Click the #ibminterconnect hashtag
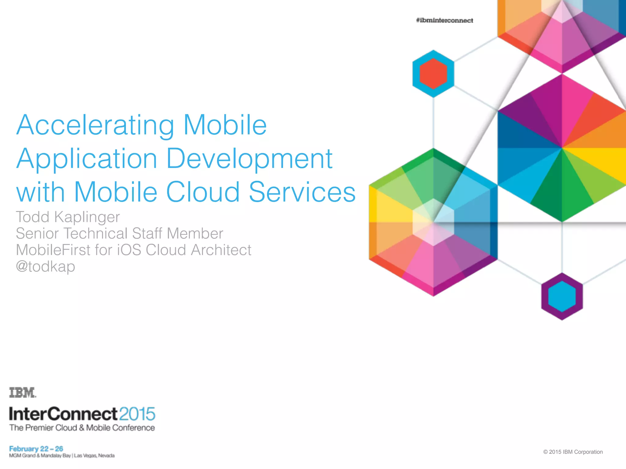444,20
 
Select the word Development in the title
249,159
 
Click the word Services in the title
302,192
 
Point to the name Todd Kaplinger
68,217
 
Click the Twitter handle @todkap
45,266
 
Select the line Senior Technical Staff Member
119,234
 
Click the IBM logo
22,392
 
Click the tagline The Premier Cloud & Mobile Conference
82,428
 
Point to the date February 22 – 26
36,449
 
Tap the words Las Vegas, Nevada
94,456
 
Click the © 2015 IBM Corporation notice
573,452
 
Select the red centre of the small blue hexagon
433,74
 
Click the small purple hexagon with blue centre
562,296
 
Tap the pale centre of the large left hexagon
433,222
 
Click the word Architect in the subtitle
221,250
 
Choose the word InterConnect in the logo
63,414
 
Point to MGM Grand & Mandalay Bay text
40,456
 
